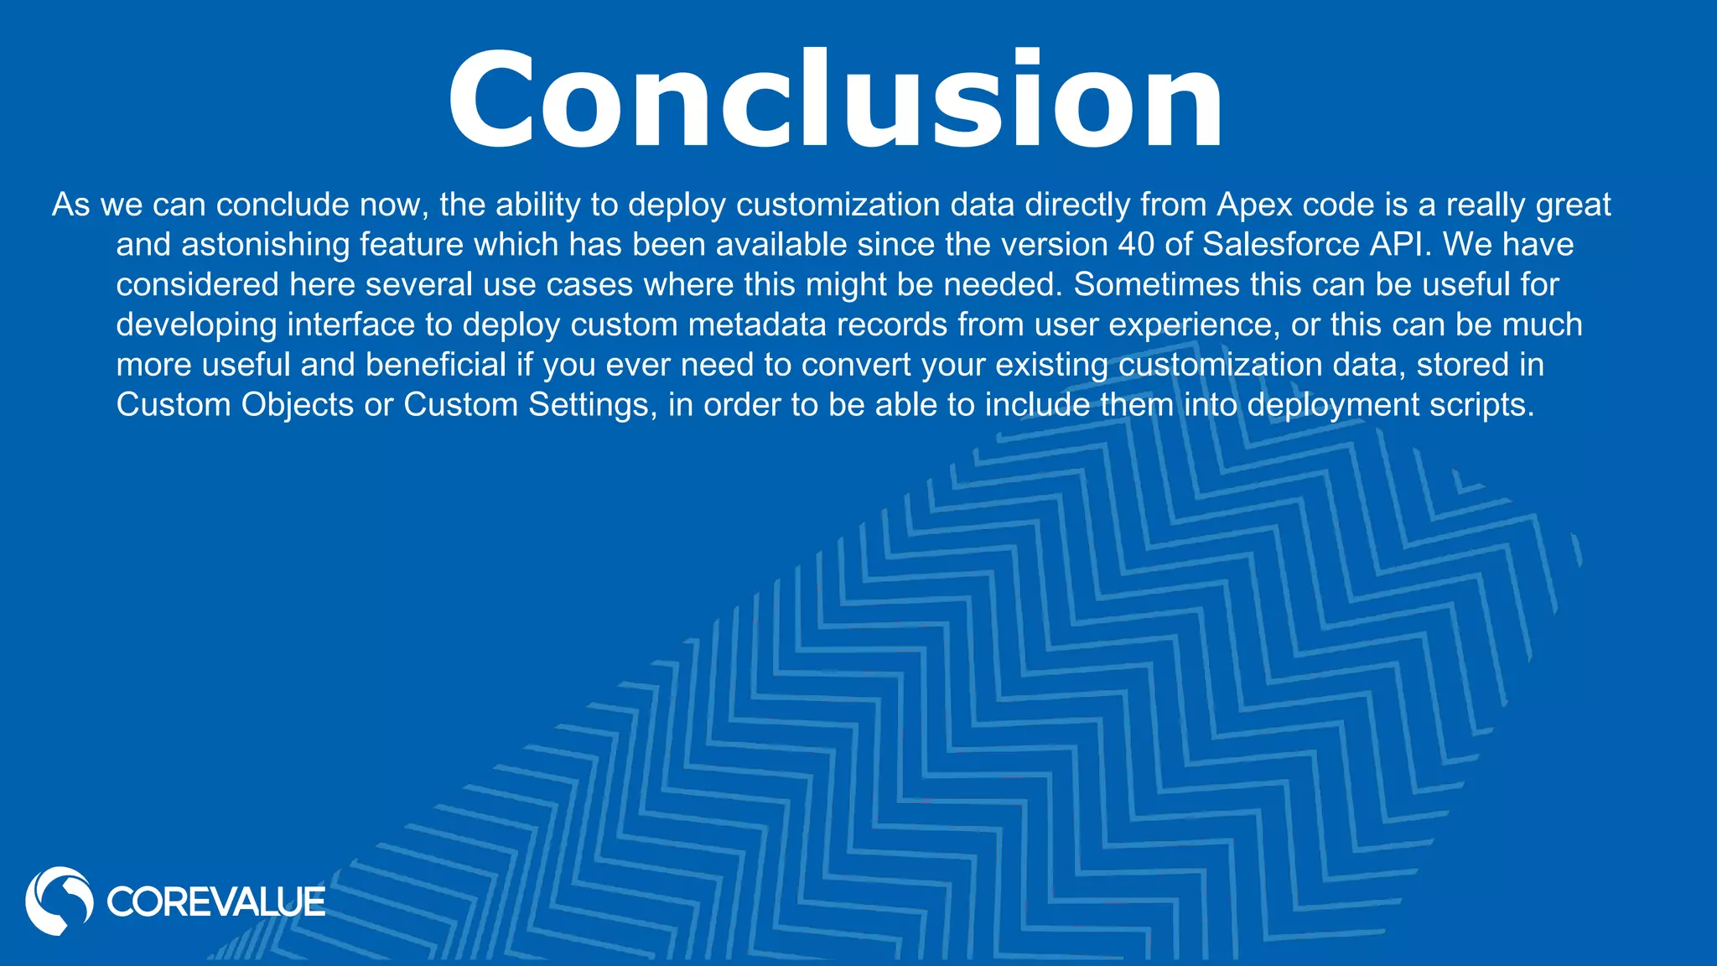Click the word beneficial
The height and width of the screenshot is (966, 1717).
coord(436,365)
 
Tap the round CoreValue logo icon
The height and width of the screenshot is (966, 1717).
coord(59,901)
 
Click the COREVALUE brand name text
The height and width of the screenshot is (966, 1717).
coord(215,902)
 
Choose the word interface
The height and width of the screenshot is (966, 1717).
coord(351,325)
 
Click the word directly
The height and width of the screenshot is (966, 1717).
coord(1076,205)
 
